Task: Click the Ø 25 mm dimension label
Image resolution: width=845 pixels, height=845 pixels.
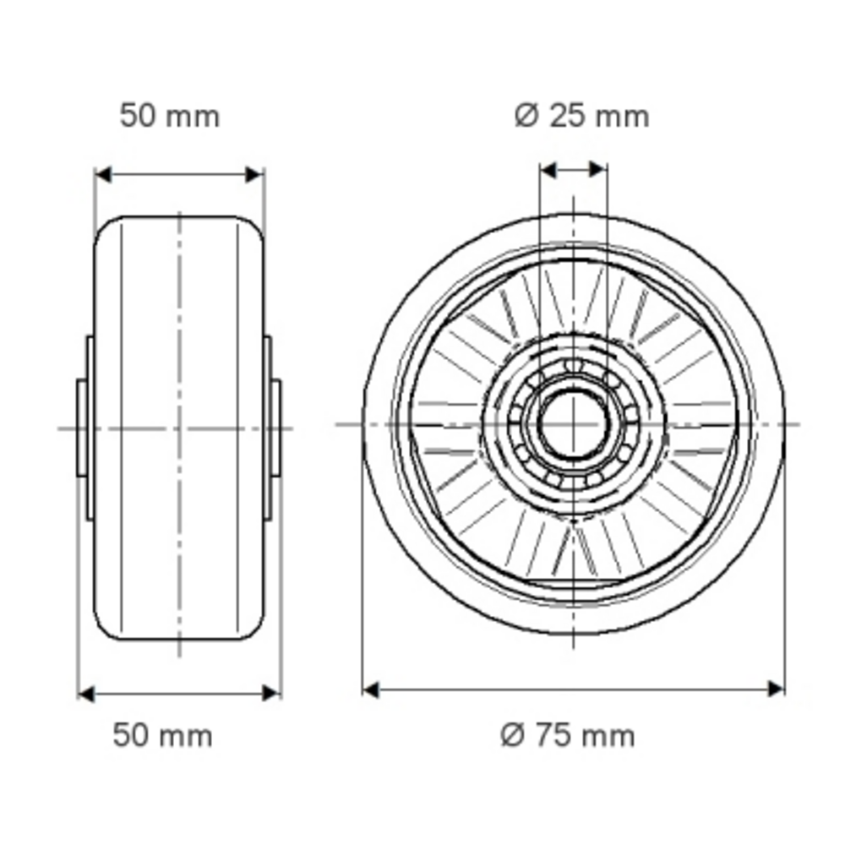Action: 581,117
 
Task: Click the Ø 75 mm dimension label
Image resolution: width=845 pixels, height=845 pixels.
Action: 568,736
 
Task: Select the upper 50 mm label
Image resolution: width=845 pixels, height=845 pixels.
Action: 170,117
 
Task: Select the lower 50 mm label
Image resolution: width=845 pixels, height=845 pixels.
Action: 163,736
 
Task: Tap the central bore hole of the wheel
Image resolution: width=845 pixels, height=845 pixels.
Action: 573,425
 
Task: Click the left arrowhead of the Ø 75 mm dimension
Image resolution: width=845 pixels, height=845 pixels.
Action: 371,690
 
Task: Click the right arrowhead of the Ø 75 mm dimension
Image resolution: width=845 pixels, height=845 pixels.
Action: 776,689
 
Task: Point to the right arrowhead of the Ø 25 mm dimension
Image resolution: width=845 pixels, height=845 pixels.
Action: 598,170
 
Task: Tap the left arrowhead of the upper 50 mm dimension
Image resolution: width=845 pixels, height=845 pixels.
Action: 103,175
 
